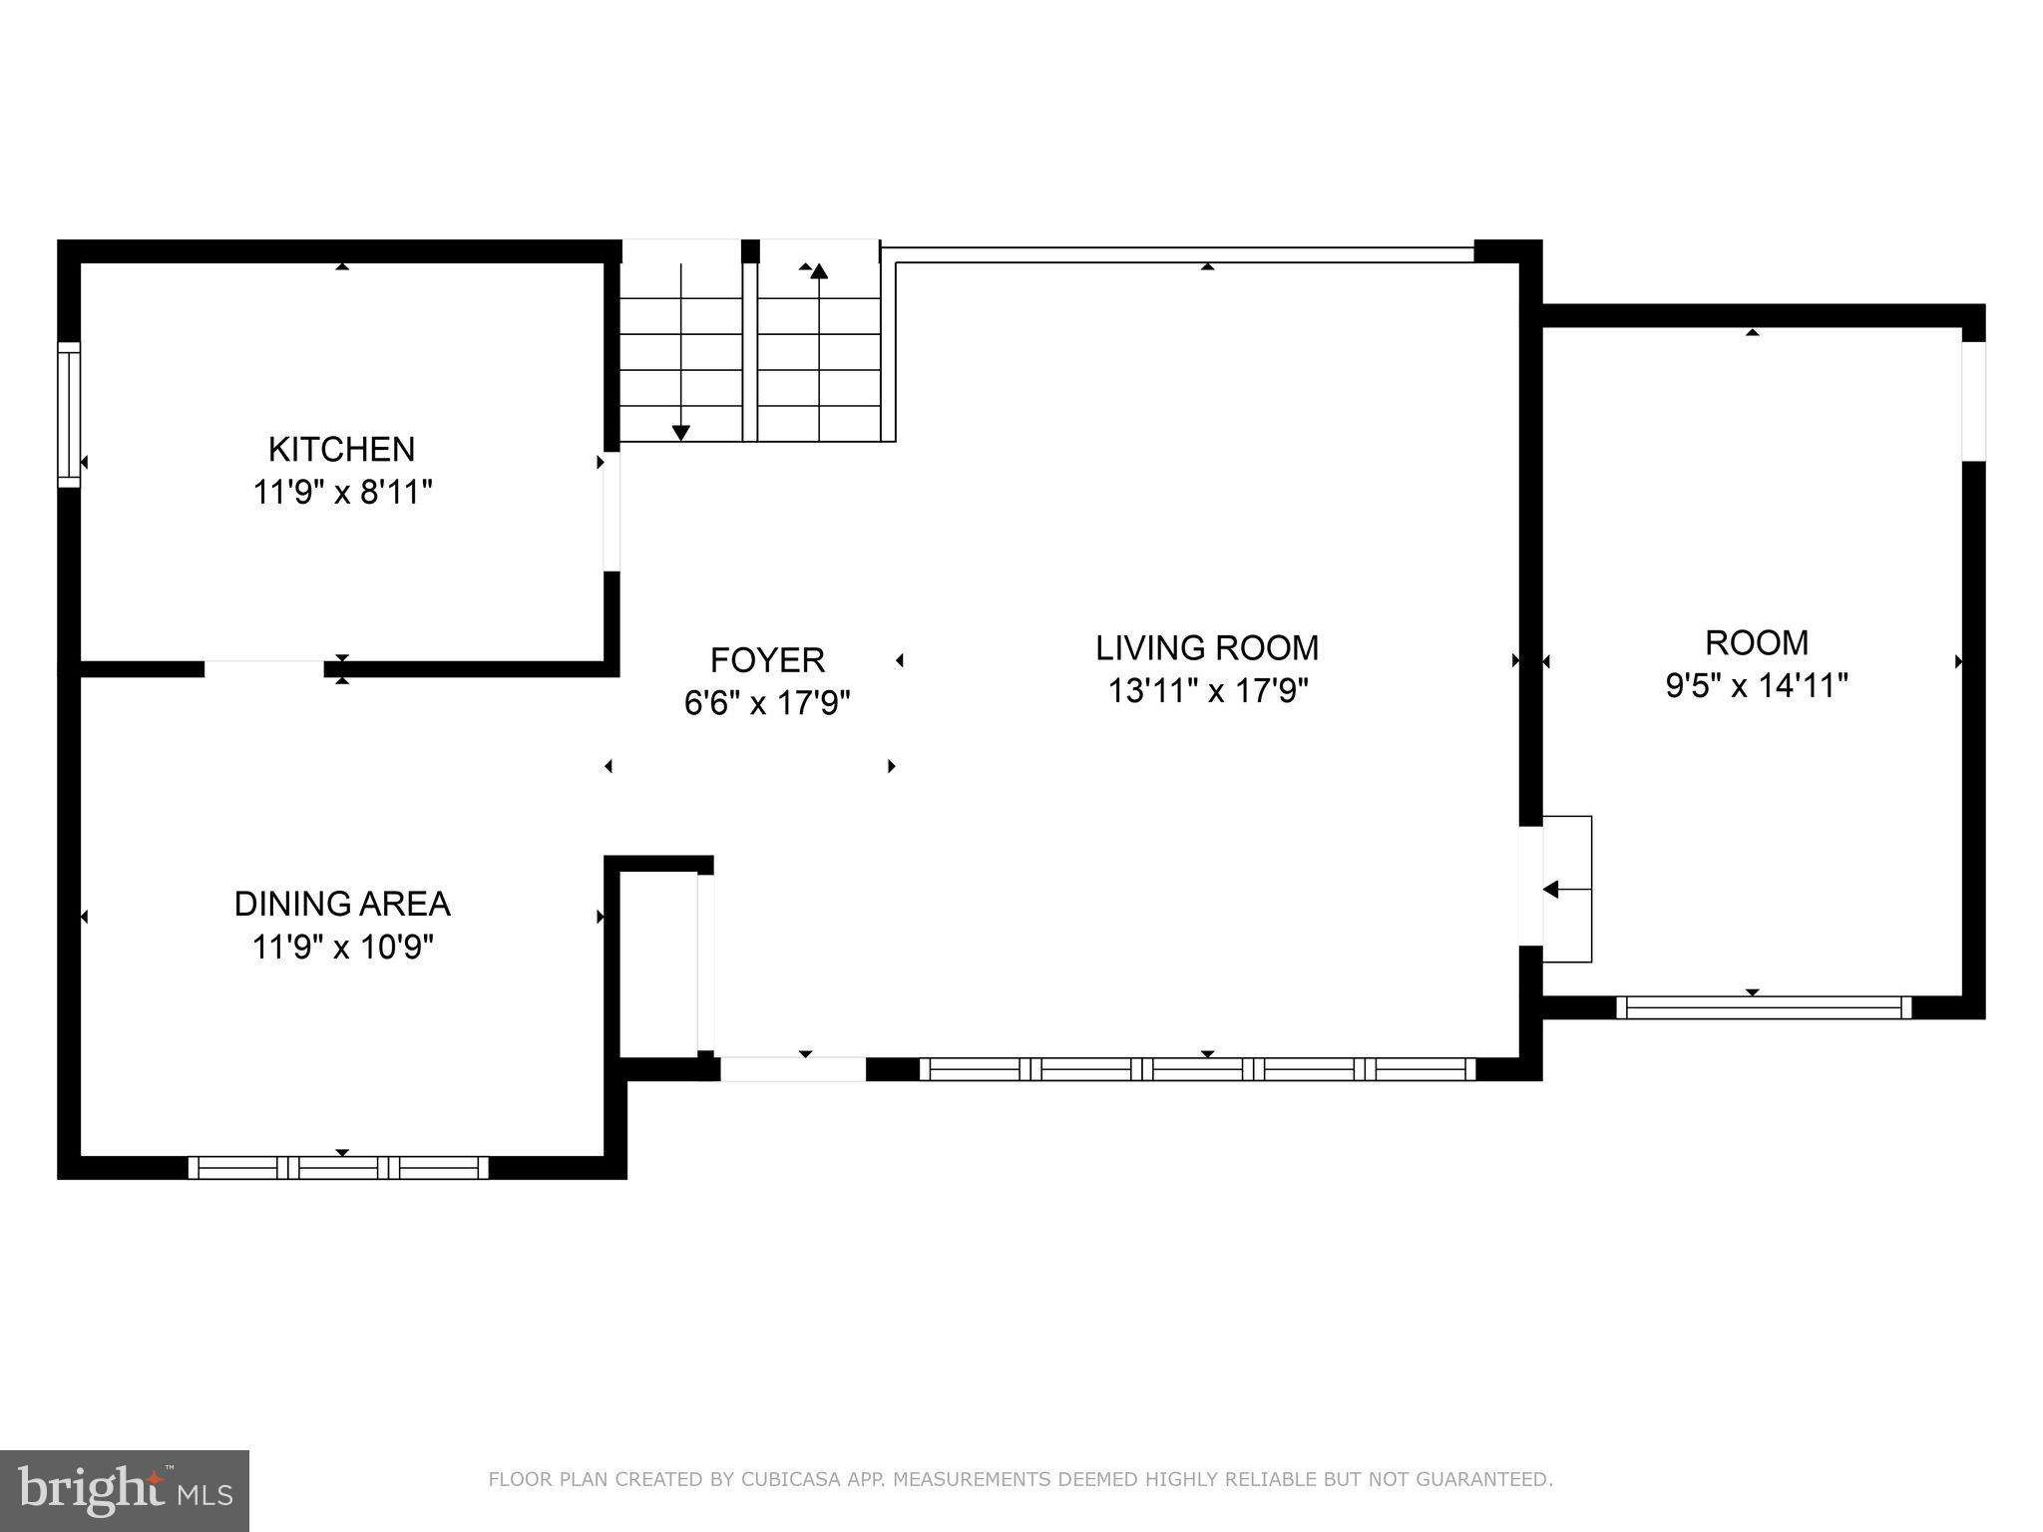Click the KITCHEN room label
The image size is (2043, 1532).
click(341, 450)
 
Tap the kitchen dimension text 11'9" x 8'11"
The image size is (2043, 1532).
click(342, 493)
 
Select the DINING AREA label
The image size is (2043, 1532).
click(342, 904)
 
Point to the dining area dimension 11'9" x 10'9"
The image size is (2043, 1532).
click(342, 947)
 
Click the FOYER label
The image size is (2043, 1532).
click(767, 660)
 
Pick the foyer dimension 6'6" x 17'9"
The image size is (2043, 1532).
click(767, 703)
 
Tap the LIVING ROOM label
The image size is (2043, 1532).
click(1207, 648)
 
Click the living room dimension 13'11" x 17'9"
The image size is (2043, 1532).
click(1207, 690)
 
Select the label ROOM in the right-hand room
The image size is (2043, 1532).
click(1756, 642)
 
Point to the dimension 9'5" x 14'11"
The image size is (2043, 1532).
click(1757, 686)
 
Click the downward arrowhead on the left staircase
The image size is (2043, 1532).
click(681, 432)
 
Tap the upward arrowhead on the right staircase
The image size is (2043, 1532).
click(819, 271)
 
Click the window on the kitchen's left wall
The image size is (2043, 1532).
click(68, 414)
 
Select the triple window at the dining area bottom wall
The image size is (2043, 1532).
click(338, 1168)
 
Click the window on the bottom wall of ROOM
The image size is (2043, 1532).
click(1764, 1007)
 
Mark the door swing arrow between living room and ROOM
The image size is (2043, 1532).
click(1552, 889)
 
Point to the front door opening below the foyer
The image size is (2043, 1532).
click(793, 1069)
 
